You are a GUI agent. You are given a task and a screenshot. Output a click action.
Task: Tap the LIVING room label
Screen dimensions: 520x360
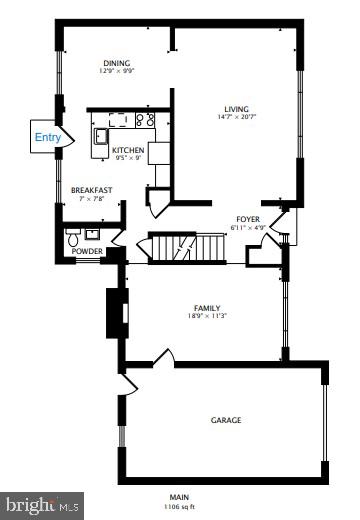coord(236,109)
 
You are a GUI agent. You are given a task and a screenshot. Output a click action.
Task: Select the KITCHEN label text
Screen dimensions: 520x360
coord(127,150)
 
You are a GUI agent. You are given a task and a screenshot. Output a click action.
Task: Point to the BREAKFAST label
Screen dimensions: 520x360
coord(90,189)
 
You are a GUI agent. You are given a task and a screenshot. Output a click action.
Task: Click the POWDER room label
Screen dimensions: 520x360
coord(88,251)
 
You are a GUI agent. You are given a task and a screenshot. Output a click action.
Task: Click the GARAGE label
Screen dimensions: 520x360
coord(225,420)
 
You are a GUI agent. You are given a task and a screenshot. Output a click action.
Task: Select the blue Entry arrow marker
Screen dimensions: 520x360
coord(48,137)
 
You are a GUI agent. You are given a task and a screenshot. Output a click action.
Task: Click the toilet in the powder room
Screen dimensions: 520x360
coord(72,239)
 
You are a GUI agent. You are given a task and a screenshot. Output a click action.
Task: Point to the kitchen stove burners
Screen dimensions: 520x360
coord(143,120)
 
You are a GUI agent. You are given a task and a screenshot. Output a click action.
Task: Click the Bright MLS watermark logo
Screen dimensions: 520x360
coord(42,507)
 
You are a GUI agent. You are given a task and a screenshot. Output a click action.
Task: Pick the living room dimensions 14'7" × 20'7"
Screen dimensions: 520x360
coord(236,119)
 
